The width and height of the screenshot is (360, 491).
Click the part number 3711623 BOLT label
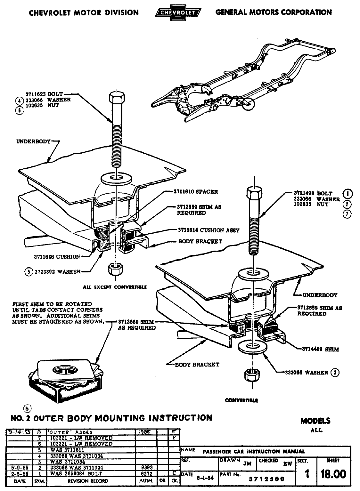pyautogui.click(x=45, y=94)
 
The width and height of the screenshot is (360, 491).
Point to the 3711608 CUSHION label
pyautogui.click(x=57, y=256)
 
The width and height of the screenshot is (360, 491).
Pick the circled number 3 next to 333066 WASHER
pyautogui.click(x=335, y=373)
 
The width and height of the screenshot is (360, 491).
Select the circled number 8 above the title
pyautogui.click(x=28, y=408)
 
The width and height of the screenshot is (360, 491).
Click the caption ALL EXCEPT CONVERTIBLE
pyautogui.click(x=115, y=287)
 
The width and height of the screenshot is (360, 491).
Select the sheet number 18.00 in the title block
pyautogui.click(x=333, y=474)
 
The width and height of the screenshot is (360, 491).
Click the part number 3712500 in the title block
pyautogui.click(x=271, y=479)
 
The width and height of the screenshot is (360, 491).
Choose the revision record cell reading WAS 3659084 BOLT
pyautogui.click(x=76, y=473)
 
